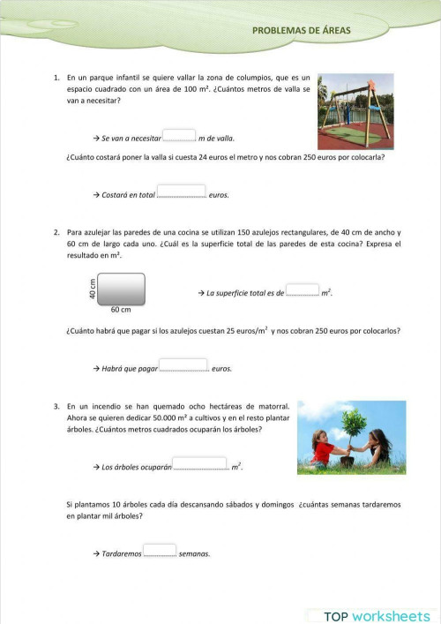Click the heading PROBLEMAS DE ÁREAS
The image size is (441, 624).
(301, 30)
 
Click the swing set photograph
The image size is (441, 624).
(355, 111)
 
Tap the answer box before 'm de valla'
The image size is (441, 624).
(179, 135)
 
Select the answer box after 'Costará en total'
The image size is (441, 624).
(181, 192)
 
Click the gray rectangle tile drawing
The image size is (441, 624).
(121, 289)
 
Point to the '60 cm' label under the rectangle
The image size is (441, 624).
(121, 310)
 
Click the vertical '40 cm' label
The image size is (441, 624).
(93, 289)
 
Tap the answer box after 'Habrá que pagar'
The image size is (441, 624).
(183, 365)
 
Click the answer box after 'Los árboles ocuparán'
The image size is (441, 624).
(200, 462)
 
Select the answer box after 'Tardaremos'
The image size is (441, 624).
(160, 550)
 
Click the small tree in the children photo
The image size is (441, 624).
(354, 423)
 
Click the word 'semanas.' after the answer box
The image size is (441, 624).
(194, 554)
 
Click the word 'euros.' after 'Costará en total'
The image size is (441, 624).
(219, 194)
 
